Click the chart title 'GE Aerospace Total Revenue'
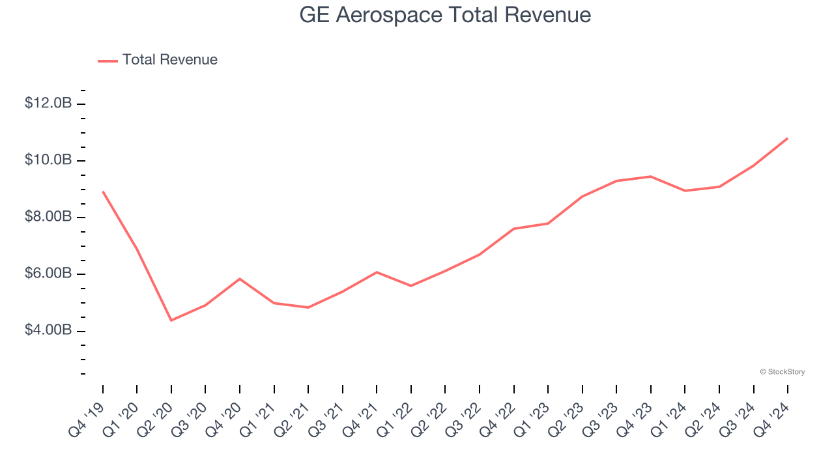point(445,15)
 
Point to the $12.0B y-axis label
point(48,104)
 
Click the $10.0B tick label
point(48,160)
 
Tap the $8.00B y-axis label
point(48,217)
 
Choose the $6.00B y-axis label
point(48,274)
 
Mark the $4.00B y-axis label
point(48,330)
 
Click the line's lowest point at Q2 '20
point(171,320)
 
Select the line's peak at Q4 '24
point(788,138)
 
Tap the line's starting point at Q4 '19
point(103,192)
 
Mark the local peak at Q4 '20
point(240,279)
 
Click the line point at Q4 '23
point(651,177)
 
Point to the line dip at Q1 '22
point(411,285)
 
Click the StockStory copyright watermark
point(782,372)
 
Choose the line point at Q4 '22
point(514,229)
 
